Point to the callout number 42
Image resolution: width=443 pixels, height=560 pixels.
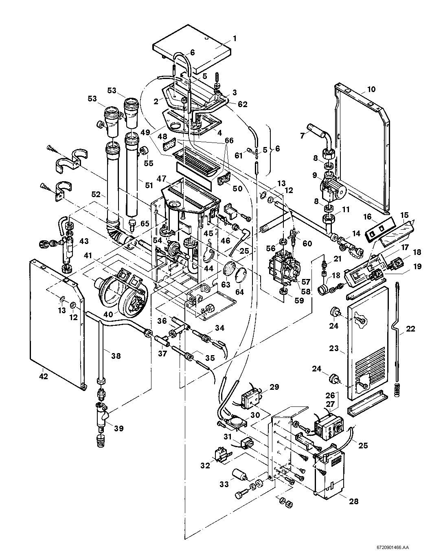43,376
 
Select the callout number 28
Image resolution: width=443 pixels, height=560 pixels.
354,501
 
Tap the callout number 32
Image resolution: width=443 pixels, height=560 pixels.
205,465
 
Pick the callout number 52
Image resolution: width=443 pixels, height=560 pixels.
96,195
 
